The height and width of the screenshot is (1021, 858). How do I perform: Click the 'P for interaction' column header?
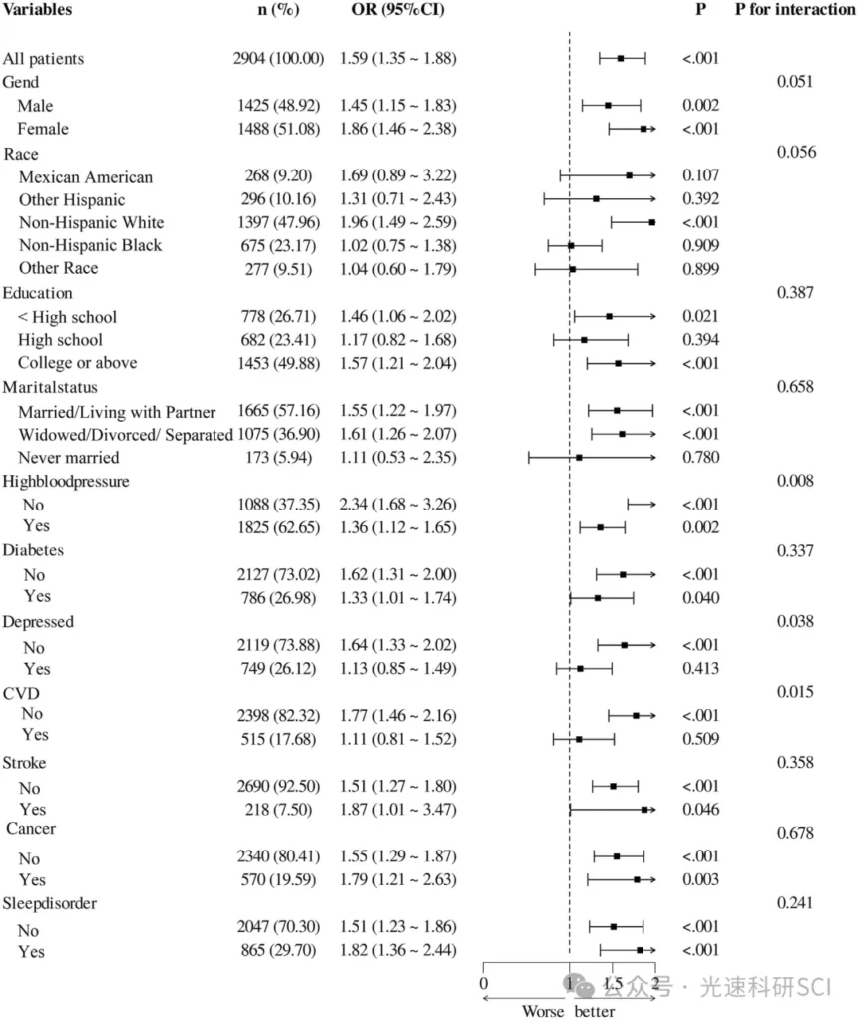click(795, 9)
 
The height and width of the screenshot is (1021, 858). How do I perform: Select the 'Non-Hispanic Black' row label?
click(90, 245)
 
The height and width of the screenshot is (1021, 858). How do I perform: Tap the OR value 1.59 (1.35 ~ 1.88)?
click(397, 58)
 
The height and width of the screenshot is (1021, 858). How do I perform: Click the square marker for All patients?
click(621, 59)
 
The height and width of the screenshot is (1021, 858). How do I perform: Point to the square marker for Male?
click(608, 105)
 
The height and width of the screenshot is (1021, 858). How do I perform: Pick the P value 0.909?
click(700, 245)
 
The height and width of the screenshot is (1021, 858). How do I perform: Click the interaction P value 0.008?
click(795, 481)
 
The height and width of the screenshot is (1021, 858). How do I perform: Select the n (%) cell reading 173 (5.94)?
click(278, 457)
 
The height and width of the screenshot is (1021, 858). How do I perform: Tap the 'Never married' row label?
click(69, 457)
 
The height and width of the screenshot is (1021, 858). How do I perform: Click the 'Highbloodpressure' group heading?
click(66, 482)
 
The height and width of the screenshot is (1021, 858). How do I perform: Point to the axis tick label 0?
click(484, 984)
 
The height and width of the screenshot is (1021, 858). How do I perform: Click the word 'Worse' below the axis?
click(543, 1011)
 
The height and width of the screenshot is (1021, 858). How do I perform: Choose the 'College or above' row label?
click(77, 363)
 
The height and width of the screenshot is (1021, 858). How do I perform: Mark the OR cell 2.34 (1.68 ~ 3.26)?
click(397, 504)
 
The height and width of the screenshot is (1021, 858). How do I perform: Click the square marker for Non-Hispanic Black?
click(571, 246)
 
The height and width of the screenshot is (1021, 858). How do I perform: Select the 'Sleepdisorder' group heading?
click(50, 903)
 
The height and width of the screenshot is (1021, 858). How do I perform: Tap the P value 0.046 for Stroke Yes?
click(700, 810)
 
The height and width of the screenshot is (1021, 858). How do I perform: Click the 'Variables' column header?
click(37, 9)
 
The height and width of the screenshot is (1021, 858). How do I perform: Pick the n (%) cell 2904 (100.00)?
click(278, 58)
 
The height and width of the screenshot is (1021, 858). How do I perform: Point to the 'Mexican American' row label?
click(86, 177)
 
